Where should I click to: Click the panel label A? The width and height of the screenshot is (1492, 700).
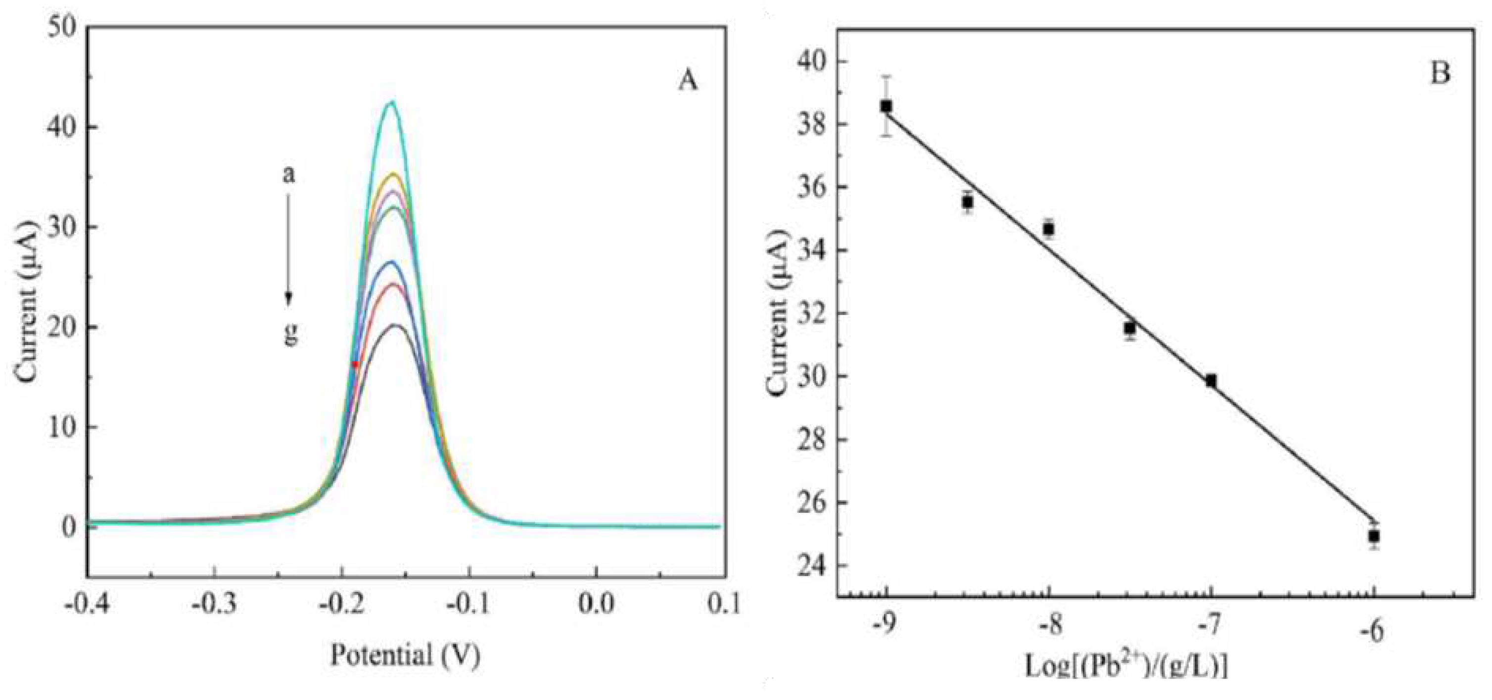(688, 82)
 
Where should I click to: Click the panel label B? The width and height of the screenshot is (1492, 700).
(1440, 74)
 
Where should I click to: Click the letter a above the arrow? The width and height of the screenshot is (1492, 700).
(288, 174)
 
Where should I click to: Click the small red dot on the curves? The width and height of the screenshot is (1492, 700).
(355, 364)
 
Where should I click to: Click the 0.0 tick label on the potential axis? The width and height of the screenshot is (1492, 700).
(596, 603)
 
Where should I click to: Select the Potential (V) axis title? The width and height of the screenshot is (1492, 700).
(406, 655)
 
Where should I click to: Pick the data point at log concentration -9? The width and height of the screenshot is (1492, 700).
(886, 106)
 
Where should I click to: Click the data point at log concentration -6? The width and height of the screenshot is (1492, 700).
(1374, 536)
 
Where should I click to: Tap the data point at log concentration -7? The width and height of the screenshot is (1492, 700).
(1211, 381)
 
